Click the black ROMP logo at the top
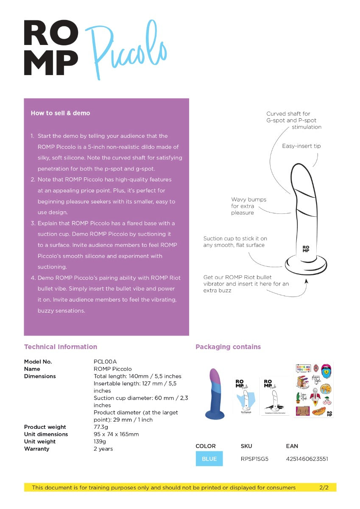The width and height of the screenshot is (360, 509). coord(51,48)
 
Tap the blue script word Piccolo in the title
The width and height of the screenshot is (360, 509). coord(126,50)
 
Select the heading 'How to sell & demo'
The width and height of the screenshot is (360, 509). coord(60,113)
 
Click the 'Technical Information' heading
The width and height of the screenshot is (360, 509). coord(61,347)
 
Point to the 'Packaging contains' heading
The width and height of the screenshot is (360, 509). coord(228,347)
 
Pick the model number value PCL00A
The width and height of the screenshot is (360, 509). coord(105,362)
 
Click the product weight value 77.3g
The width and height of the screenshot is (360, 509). coord(100,427)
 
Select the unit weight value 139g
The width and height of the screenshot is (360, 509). coord(100,442)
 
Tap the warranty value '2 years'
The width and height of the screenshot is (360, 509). coord(103,449)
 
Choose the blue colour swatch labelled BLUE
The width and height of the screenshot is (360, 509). coord(209,459)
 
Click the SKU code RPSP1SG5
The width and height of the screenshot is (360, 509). coord(254,459)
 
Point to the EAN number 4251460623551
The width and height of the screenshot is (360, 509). coord(307,459)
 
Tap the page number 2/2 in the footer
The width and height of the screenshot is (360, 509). coord(324,488)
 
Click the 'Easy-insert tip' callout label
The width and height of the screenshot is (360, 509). coord(301,146)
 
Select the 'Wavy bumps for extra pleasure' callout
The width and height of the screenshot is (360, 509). coord(248,206)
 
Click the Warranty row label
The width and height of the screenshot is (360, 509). coord(36,449)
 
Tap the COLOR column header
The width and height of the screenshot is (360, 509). coord(206,446)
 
